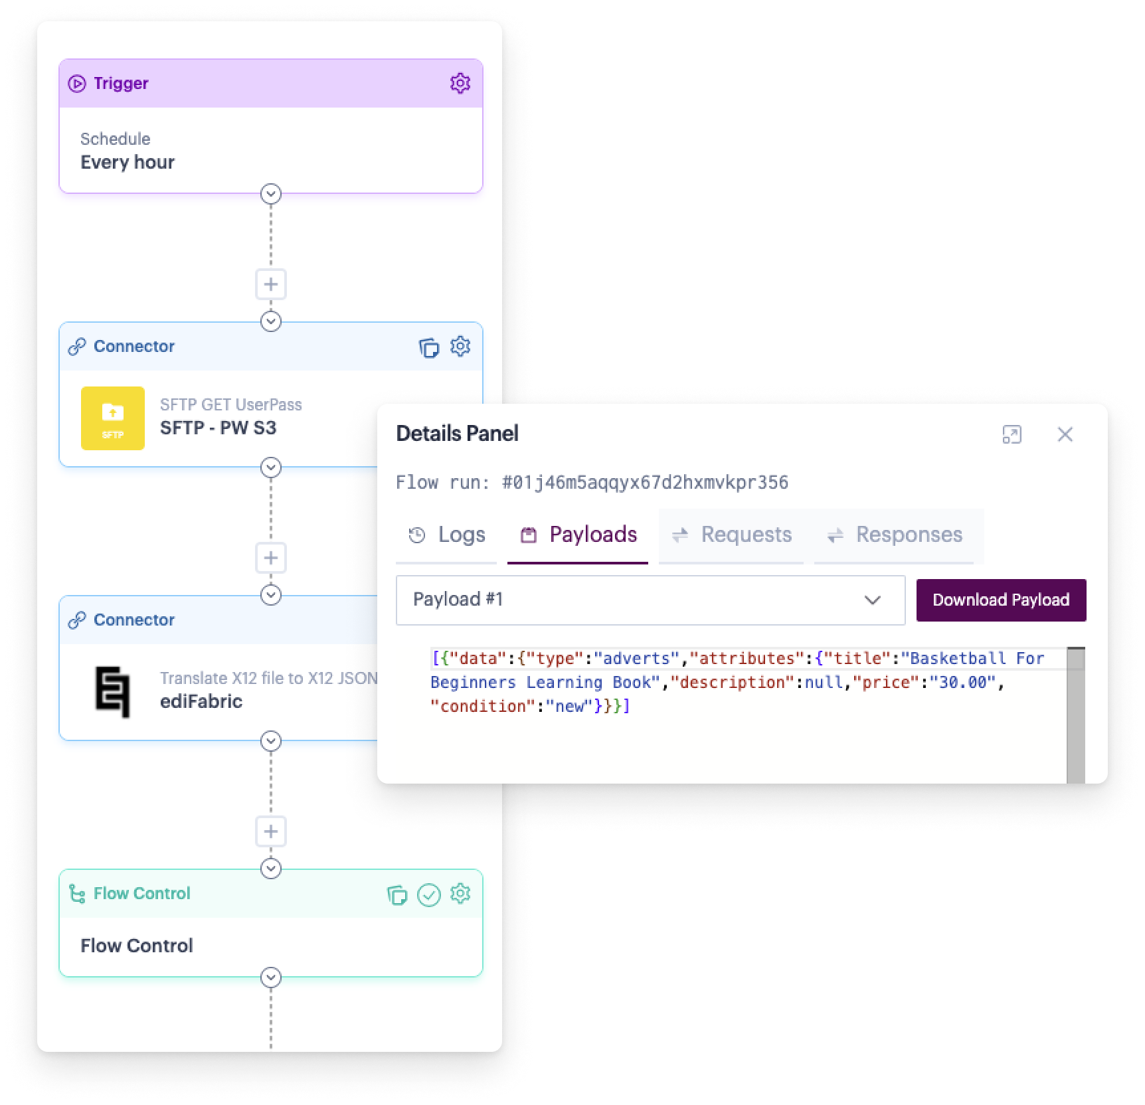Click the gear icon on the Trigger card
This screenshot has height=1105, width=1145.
[460, 83]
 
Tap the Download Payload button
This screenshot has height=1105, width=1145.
[1001, 600]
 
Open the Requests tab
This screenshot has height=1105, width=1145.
[732, 535]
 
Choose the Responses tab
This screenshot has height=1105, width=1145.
[894, 535]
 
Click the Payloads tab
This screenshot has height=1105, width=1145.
[578, 535]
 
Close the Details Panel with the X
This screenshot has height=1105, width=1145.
[1065, 434]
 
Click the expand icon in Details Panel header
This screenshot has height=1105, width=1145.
[1012, 434]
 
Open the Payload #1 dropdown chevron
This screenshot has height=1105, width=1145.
[872, 600]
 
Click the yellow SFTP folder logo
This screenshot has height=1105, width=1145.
[113, 418]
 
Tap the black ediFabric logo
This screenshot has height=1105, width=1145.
[112, 692]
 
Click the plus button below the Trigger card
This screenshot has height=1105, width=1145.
[271, 284]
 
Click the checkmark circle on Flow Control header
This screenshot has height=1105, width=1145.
[428, 895]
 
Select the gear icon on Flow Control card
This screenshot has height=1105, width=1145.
[460, 894]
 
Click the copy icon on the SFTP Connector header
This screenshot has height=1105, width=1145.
[428, 347]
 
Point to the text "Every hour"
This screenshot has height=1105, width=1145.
[128, 162]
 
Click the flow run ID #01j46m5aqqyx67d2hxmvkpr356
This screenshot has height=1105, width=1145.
[645, 482]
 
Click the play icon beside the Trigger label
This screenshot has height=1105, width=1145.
[77, 84]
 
